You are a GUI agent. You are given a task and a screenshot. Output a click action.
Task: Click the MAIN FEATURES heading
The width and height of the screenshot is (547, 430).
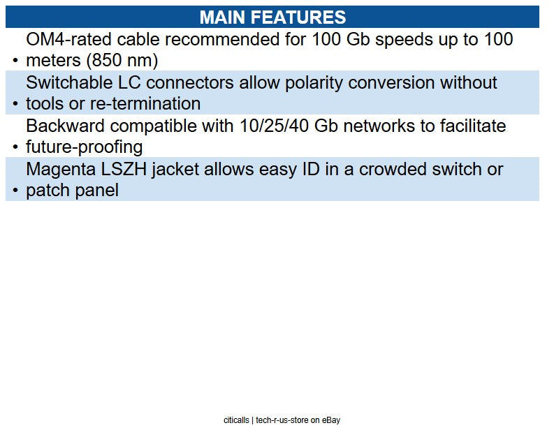[x=272, y=17]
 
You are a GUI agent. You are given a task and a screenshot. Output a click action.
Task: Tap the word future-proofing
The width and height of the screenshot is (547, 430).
[x=84, y=147]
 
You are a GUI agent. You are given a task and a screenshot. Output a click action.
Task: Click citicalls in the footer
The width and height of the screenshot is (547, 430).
[x=235, y=420]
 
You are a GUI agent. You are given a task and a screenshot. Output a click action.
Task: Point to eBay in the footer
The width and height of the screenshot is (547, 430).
[x=330, y=420]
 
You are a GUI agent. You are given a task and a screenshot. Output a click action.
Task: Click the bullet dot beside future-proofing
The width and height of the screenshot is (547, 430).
[x=15, y=148]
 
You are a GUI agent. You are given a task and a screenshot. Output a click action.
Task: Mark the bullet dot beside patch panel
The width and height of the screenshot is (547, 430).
[x=15, y=191]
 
